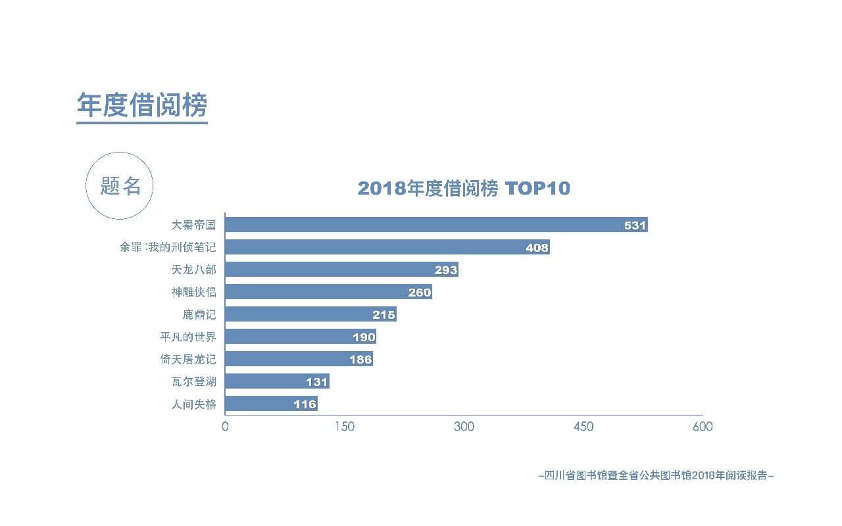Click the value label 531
635,226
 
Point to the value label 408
537,248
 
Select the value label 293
445,270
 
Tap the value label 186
360,360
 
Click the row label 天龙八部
193,270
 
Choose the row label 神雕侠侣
193,292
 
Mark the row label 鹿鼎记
199,314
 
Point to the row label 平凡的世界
187,337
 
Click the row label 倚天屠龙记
187,359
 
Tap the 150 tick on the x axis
344,427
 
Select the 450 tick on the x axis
583,427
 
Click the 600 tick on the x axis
702,427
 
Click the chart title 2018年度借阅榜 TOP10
464,189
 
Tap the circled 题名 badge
120,186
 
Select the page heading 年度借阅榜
142,105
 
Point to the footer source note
656,475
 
